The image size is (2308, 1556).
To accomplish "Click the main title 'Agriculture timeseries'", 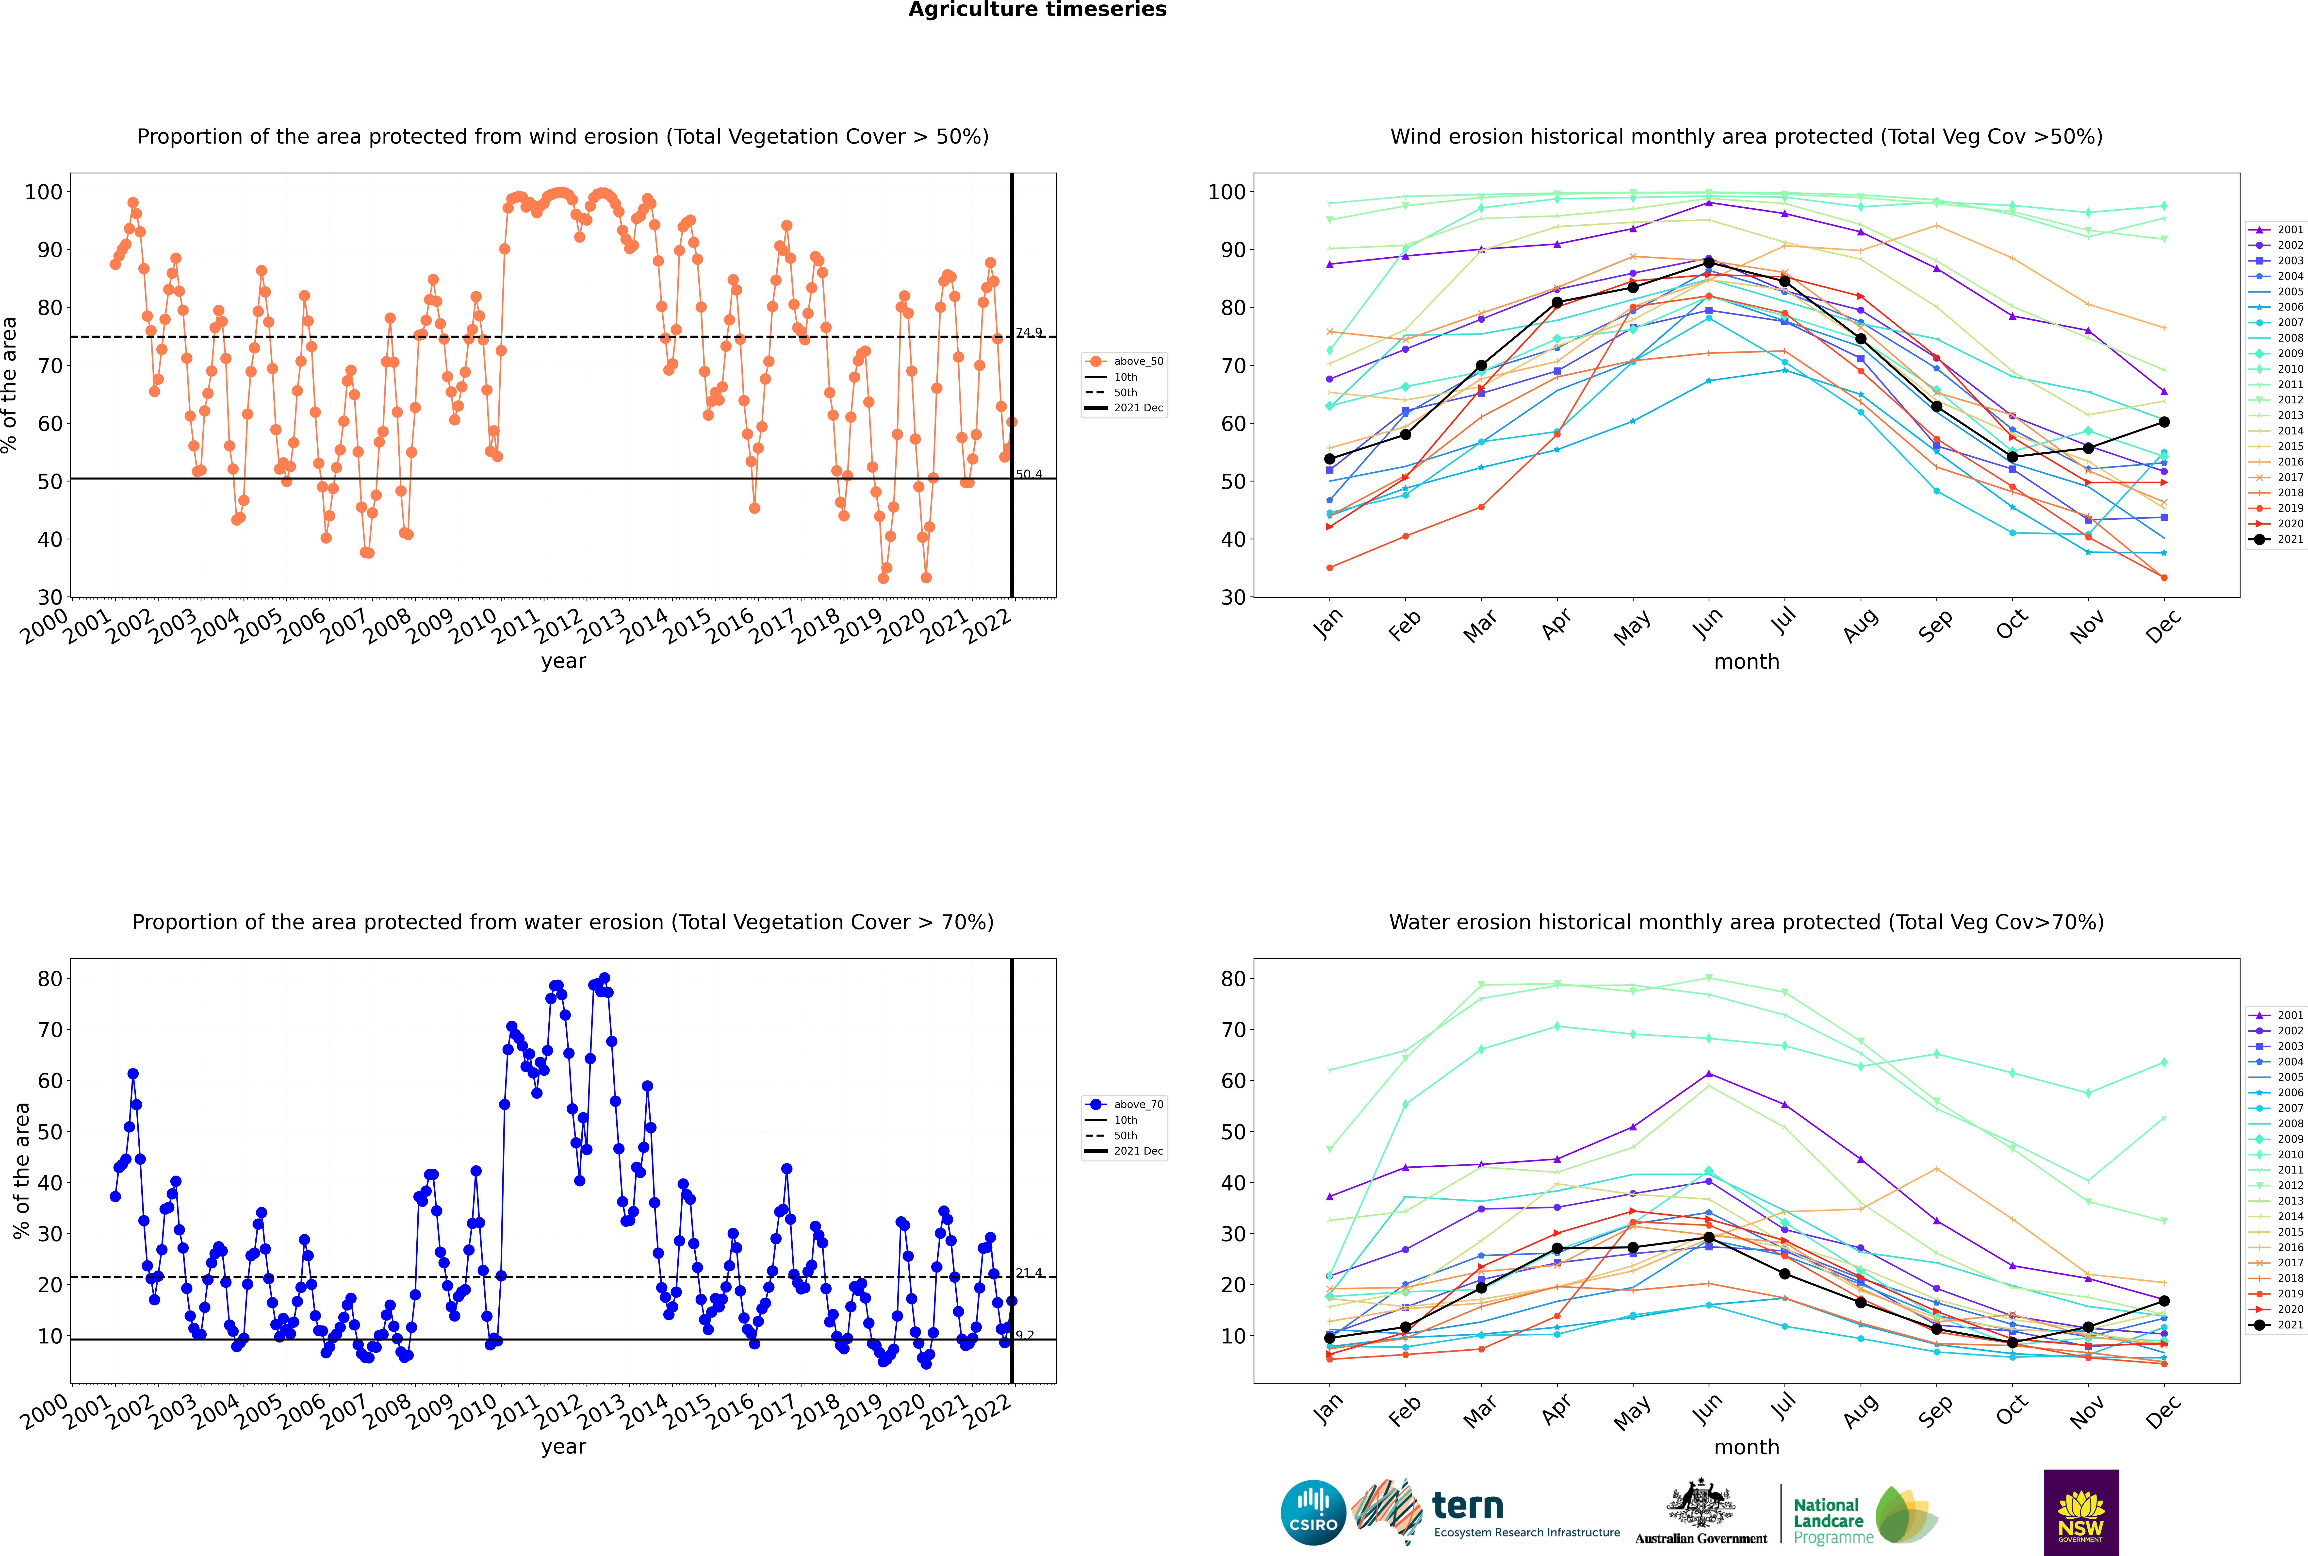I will (x=1037, y=10).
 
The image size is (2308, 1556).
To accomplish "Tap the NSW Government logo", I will (x=2081, y=1512).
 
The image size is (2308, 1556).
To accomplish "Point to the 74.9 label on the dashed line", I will (x=1029, y=332).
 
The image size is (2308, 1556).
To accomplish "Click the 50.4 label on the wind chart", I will (x=1029, y=474).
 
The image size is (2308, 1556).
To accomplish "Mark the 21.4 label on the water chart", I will (x=1029, y=1273).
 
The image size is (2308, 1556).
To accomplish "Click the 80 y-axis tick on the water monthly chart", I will (x=1233, y=978).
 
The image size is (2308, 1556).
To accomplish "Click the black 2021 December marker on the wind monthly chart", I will (x=2164, y=422).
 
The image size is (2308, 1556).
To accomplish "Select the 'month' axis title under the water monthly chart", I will (x=1746, y=1447).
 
